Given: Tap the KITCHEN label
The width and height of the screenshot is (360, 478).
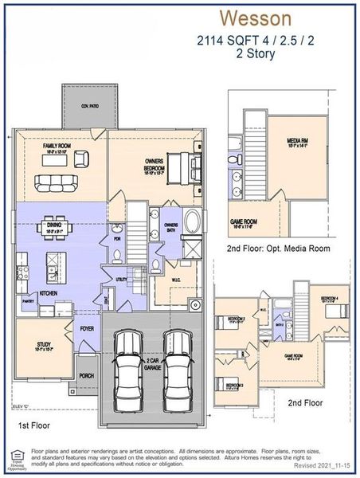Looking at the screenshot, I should (49, 293).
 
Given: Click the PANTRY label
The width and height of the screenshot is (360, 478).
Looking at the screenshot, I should (27, 302).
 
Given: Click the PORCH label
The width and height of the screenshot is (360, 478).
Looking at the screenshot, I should (84, 375).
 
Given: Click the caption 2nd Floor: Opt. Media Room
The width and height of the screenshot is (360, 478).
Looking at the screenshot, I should (278, 249).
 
